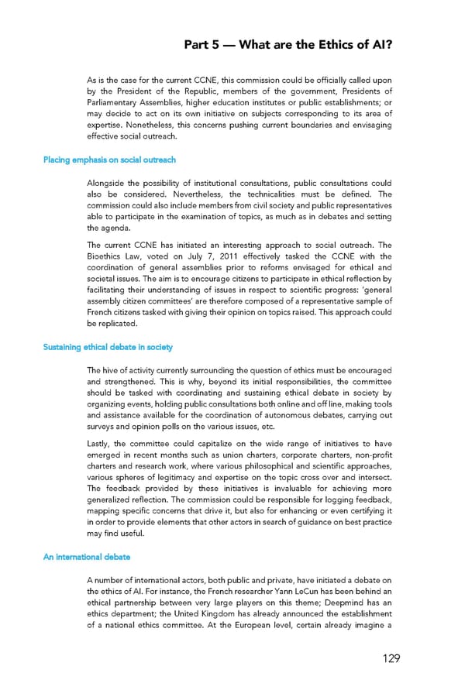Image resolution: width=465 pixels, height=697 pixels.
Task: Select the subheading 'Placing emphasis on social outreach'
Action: [x=108, y=160]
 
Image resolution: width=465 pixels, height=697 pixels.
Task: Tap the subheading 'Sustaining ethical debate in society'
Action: [x=107, y=347]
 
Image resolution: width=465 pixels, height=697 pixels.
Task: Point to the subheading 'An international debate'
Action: [x=86, y=556]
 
